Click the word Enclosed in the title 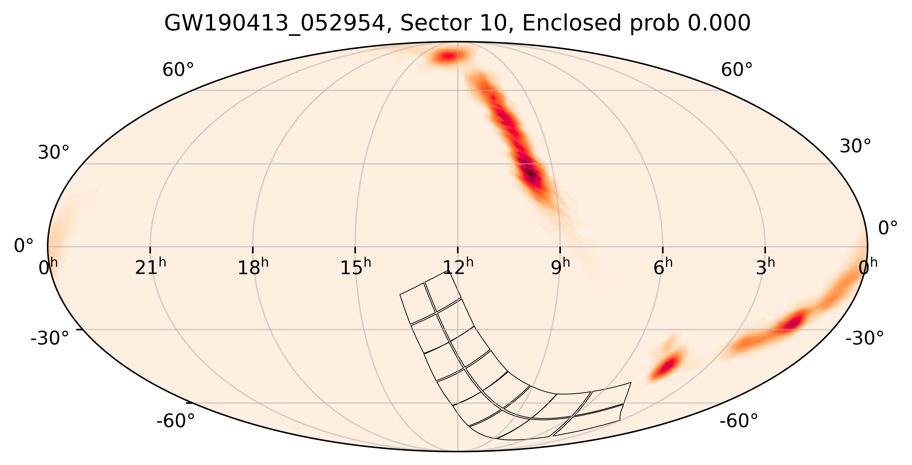(571, 24)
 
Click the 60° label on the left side (178, 70)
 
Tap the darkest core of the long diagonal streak (530, 173)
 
